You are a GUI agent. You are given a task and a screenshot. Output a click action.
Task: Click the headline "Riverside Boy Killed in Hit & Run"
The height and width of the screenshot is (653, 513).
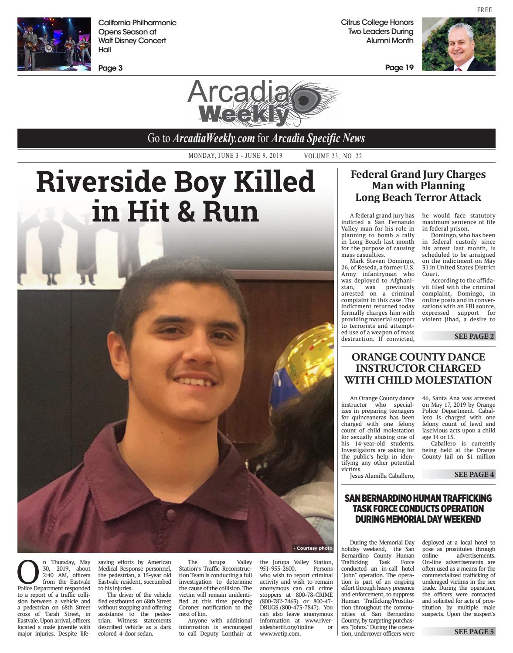tap(175, 196)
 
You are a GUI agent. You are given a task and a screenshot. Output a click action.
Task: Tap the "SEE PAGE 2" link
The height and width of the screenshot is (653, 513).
tap(474, 336)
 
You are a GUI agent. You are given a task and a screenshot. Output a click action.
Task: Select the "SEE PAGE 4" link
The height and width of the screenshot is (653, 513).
tap(474, 474)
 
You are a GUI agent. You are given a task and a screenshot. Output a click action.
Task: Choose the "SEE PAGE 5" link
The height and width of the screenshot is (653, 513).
tap(474, 632)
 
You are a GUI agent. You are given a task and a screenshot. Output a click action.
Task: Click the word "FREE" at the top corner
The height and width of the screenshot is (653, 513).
tap(484, 10)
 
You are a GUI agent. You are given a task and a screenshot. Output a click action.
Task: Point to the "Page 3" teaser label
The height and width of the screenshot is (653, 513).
tap(110, 68)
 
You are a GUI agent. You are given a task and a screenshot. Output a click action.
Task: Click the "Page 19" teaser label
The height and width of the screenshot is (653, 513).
tap(399, 68)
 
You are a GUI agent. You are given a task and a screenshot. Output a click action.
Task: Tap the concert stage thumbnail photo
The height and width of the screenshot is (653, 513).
tap(54, 44)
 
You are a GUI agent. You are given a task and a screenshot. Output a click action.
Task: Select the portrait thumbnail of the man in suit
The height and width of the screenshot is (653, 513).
tap(459, 44)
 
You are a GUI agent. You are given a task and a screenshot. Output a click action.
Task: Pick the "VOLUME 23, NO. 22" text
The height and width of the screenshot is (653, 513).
tap(333, 156)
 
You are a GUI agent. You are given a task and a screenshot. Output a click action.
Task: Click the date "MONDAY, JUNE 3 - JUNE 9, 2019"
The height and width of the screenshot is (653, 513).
tap(235, 156)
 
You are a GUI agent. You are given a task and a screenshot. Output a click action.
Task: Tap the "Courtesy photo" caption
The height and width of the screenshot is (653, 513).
tap(313, 548)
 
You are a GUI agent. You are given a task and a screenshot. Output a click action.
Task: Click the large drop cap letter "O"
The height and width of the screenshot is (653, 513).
tap(28, 572)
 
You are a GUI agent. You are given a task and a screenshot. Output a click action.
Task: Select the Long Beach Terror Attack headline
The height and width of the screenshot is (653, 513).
tap(418, 186)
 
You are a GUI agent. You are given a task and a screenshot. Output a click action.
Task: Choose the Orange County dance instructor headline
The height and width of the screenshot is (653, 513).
tap(418, 368)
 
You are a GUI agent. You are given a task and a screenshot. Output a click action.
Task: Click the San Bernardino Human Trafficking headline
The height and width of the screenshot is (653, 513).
tap(418, 508)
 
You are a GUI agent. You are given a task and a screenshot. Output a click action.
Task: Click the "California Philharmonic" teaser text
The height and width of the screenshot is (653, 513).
tap(137, 23)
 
